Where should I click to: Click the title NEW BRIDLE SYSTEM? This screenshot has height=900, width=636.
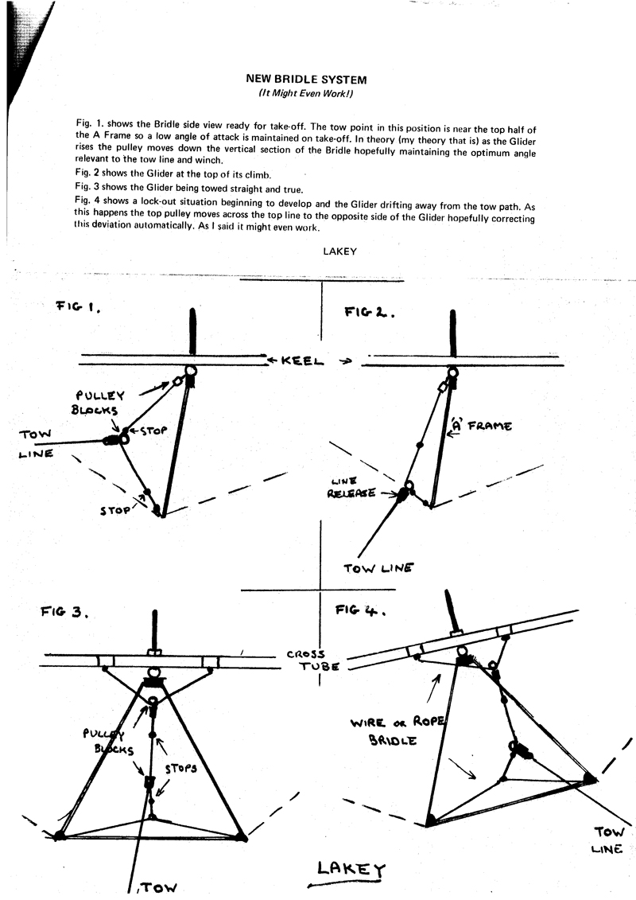[307, 80]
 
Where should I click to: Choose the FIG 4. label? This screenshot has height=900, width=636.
[360, 611]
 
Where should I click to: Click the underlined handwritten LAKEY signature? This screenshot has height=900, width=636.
[338, 870]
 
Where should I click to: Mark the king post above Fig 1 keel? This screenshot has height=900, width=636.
[192, 333]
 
